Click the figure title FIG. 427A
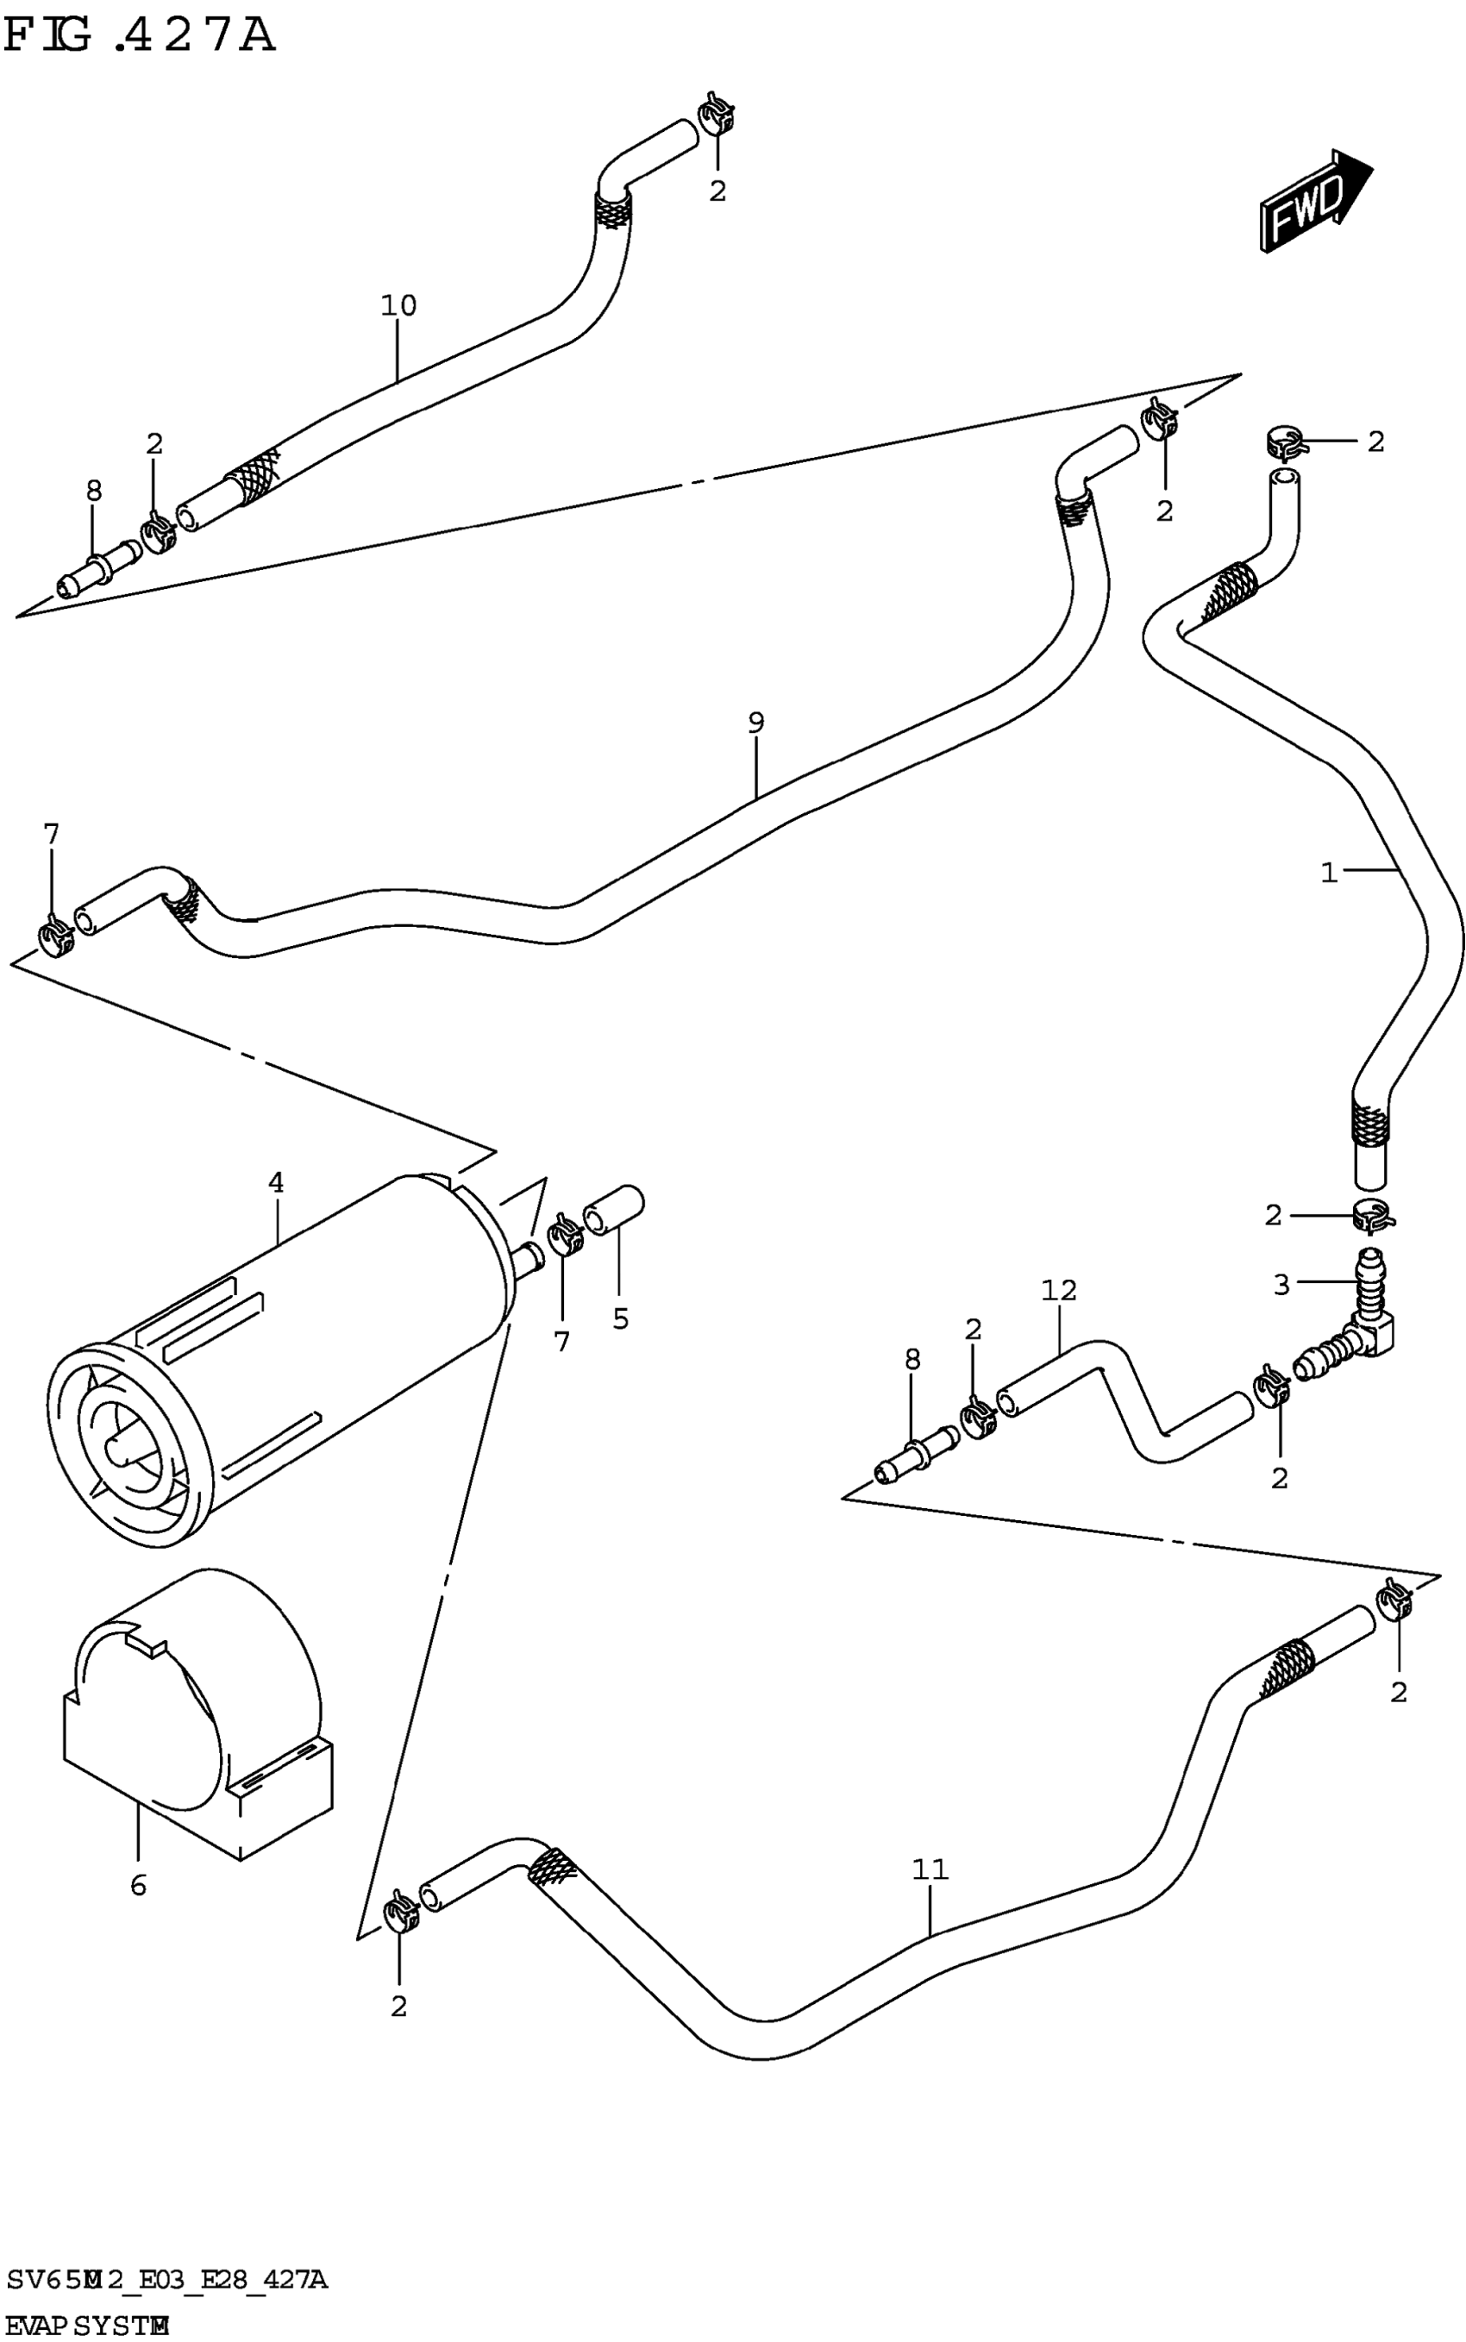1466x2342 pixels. click(x=140, y=37)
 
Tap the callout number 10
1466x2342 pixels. click(x=398, y=305)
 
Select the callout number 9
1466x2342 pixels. click(x=756, y=723)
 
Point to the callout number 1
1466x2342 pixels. click(x=1329, y=873)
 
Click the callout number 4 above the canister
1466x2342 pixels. click(x=276, y=1181)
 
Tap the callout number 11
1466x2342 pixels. click(x=930, y=1868)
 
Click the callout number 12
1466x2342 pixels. click(x=1059, y=1290)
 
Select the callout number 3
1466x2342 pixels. click(x=1281, y=1285)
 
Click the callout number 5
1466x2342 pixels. click(x=621, y=1318)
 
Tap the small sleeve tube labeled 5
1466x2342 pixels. click(x=613, y=1210)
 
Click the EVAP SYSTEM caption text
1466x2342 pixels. click(x=87, y=2325)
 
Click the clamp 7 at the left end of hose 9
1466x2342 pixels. click(x=55, y=936)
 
